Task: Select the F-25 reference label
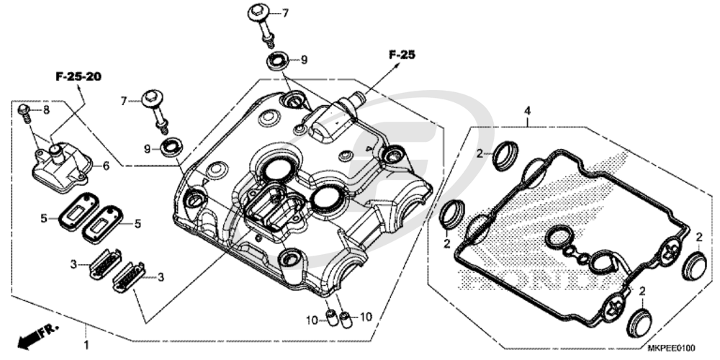(x=402, y=54)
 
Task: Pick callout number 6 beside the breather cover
(x=106, y=166)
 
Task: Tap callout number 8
(x=45, y=110)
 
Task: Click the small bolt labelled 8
(x=24, y=110)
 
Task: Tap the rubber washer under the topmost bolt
(x=276, y=60)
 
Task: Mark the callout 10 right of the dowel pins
(x=366, y=317)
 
